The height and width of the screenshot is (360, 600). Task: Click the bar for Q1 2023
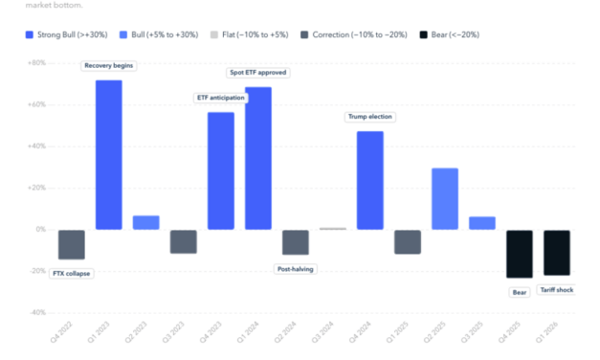click(109, 154)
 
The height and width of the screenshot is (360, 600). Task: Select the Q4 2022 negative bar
click(72, 244)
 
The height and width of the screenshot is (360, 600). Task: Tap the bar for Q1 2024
click(258, 158)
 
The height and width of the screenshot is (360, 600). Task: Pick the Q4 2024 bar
click(370, 180)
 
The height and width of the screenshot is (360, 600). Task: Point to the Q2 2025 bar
click(445, 198)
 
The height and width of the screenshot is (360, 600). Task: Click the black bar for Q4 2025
click(520, 254)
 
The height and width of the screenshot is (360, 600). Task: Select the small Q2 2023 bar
click(146, 222)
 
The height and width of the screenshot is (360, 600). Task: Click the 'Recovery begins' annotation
click(109, 65)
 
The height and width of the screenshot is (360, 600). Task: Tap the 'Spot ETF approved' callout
click(258, 72)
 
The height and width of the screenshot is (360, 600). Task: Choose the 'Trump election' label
click(370, 117)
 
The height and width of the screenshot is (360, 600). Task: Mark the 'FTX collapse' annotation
click(72, 273)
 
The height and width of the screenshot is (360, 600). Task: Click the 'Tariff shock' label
click(556, 289)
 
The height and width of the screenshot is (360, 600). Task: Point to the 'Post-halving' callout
click(296, 269)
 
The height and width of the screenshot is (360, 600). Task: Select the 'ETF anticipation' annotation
click(221, 98)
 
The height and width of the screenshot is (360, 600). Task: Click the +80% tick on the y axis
click(34, 63)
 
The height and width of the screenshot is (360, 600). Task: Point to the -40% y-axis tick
click(34, 312)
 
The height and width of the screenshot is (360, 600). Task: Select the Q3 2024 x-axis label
click(328, 339)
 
